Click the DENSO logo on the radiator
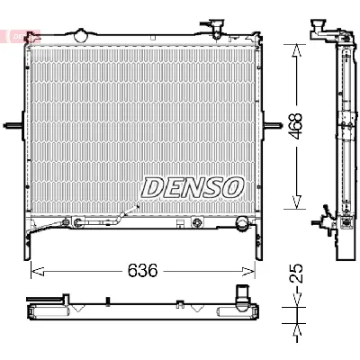tap(192, 186)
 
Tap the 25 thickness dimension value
tap(295, 272)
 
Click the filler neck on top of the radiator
tap(216, 25)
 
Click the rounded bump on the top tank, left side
tap(82, 36)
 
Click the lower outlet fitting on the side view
tap(321, 221)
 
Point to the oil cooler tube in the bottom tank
tap(103, 221)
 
